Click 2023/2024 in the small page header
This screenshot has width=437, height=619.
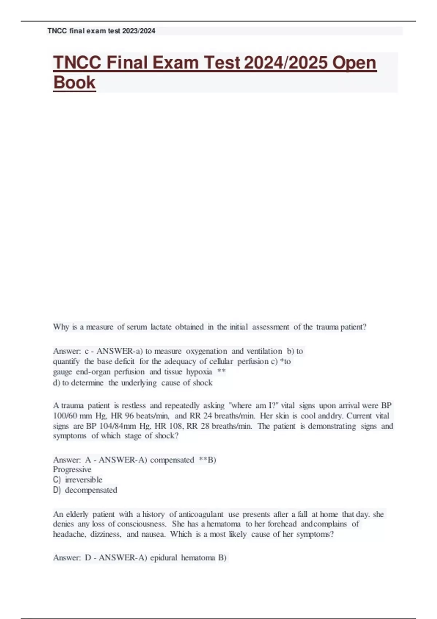[139, 31]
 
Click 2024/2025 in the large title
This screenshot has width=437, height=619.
[286, 63]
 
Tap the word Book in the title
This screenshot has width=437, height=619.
[74, 82]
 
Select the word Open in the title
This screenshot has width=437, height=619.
[354, 63]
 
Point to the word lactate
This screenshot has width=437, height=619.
[161, 327]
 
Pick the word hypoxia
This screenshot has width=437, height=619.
[199, 372]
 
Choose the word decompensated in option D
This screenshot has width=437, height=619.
[91, 490]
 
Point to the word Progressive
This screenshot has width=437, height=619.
[72, 469]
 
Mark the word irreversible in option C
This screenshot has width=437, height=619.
[84, 480]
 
